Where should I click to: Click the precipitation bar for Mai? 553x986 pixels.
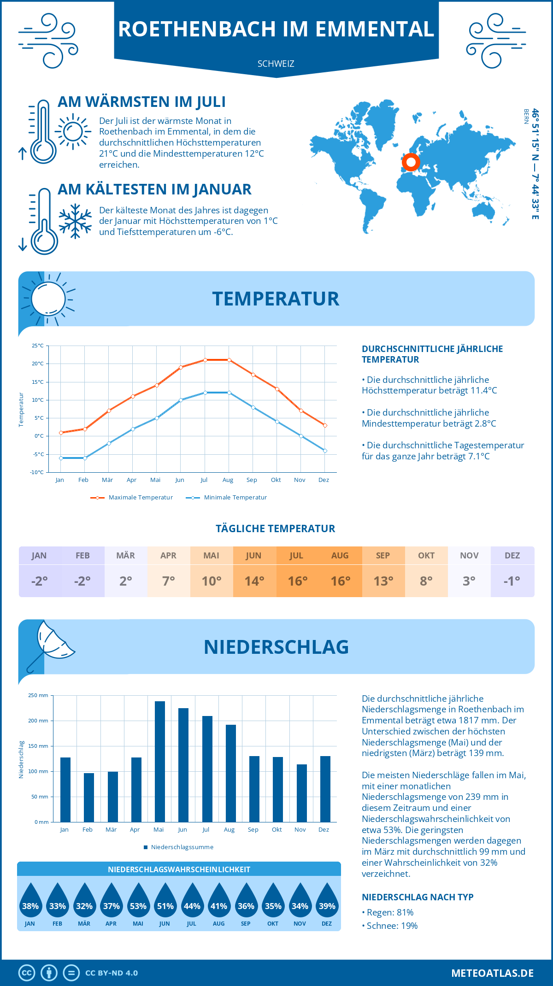pos(159,762)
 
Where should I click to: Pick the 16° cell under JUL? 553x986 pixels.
pos(297,581)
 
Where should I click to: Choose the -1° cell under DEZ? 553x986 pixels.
pos(512,581)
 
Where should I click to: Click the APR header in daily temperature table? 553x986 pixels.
pos(168,556)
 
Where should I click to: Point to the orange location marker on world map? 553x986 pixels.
pos(411,162)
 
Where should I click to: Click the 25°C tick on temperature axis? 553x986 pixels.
pos(38,346)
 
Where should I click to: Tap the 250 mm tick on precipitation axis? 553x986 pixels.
pos(38,695)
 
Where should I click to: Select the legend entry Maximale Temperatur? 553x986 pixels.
pos(132,498)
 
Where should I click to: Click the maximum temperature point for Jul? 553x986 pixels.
pos(205,360)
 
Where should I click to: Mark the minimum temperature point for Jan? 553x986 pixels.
pos(61,458)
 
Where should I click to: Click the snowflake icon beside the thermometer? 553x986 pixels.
pos(75,221)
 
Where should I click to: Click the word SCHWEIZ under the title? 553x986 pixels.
pos(276,64)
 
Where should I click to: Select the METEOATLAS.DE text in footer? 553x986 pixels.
pos(492,973)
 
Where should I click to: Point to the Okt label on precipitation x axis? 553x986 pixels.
pos(276,829)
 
